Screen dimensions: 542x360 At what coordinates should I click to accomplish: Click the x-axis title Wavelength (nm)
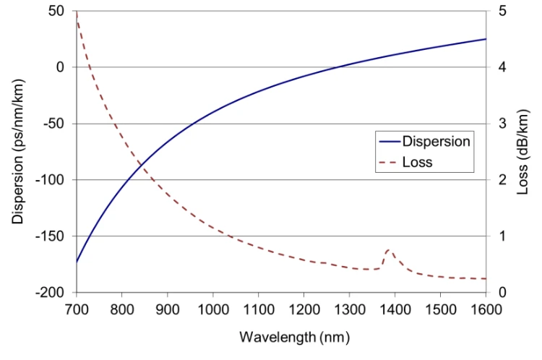click(x=295, y=337)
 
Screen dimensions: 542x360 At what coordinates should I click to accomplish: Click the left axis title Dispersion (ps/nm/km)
click(x=17, y=152)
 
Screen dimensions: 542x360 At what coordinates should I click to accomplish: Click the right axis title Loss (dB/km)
click(x=522, y=152)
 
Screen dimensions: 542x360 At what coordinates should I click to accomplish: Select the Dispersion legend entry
click(x=424, y=142)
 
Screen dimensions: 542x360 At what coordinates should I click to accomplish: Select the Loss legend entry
click(x=405, y=162)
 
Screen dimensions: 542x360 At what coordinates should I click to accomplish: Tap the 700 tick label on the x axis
click(x=77, y=309)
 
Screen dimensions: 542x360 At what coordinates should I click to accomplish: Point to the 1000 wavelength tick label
click(x=213, y=309)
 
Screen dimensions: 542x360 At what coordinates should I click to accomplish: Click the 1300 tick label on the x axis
click(x=350, y=309)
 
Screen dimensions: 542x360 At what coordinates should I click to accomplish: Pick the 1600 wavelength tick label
click(x=486, y=309)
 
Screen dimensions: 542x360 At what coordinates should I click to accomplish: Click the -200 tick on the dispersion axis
click(x=50, y=293)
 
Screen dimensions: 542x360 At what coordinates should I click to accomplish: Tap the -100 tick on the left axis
click(x=50, y=180)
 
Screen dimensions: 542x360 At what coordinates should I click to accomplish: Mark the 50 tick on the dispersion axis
click(x=56, y=11)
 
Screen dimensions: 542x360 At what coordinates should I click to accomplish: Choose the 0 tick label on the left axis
click(x=61, y=67)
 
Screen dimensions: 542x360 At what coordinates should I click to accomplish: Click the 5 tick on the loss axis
click(x=502, y=11)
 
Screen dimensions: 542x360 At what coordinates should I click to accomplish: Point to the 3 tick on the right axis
click(x=502, y=124)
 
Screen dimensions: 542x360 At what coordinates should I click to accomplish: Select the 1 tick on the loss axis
click(x=502, y=236)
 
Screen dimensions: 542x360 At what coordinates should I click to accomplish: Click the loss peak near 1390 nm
click(x=390, y=249)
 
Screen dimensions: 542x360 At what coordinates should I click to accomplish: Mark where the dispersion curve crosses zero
click(x=337, y=67)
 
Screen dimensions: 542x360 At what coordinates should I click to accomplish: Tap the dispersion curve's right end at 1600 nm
click(x=486, y=39)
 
